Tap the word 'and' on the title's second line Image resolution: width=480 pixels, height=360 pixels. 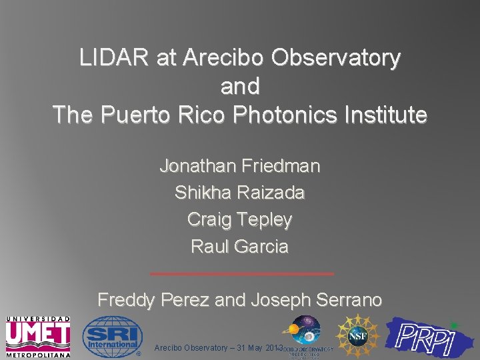click(x=240, y=87)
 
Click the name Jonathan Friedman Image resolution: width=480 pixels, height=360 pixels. click(x=240, y=165)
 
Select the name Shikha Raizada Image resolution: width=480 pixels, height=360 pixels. click(x=240, y=193)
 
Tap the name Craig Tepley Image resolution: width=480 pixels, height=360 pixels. click(x=240, y=219)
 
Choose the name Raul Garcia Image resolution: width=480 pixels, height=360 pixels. click(x=240, y=246)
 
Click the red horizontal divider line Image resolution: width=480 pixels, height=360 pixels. click(x=242, y=273)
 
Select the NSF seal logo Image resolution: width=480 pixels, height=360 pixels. click(x=357, y=335)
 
